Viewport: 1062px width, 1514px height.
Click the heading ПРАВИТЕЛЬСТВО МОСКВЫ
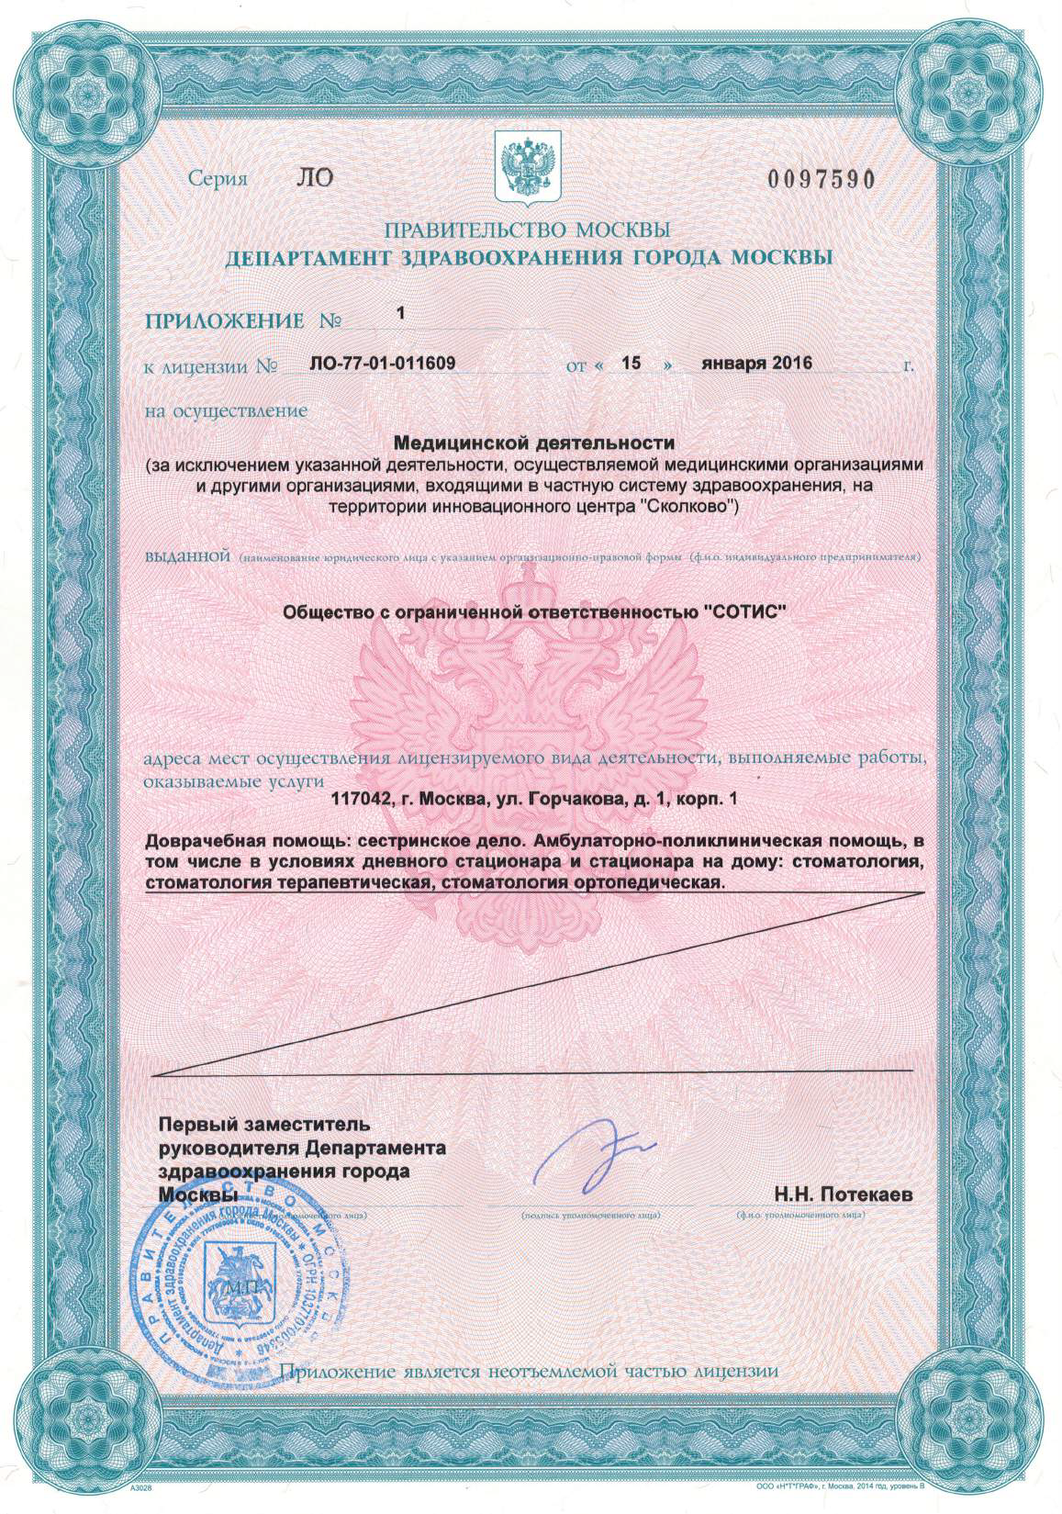point(527,229)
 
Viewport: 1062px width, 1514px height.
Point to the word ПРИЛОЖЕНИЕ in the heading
point(225,320)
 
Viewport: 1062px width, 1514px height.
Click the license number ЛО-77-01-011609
point(384,363)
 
